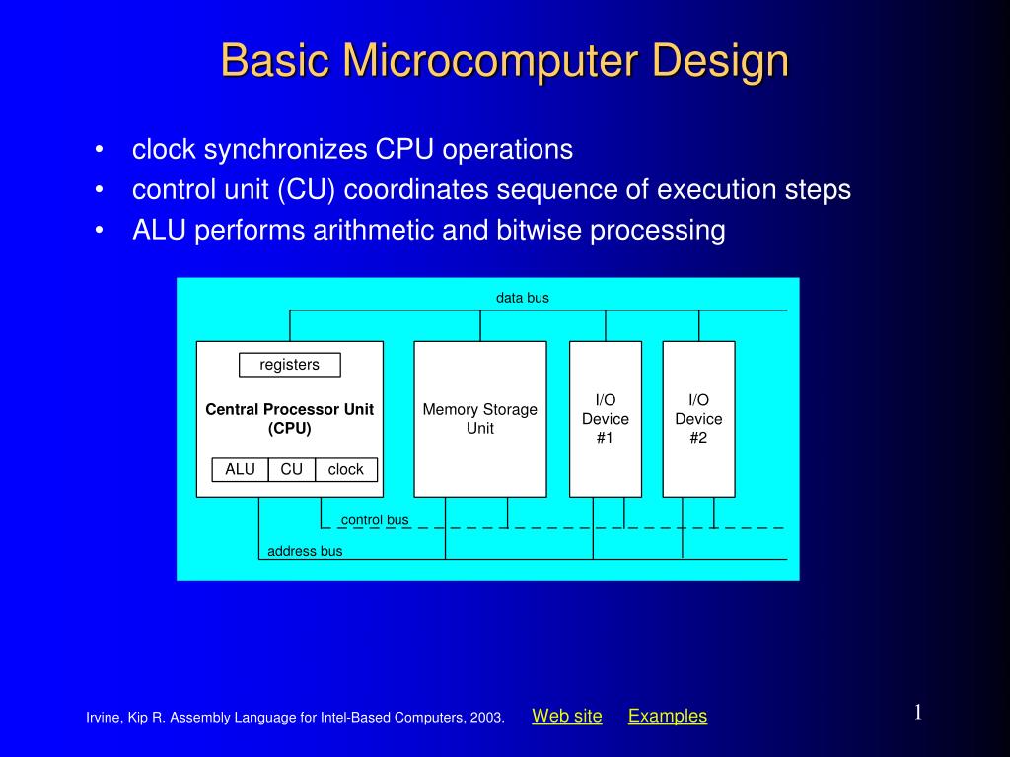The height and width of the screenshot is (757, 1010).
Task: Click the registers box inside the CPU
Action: click(289, 365)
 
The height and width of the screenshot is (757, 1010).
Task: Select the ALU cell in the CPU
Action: click(241, 469)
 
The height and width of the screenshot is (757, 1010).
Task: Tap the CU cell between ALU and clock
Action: click(292, 469)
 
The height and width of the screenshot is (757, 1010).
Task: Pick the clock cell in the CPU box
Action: click(346, 469)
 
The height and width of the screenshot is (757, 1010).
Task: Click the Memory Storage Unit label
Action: click(480, 418)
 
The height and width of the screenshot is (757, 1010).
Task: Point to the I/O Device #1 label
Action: click(606, 418)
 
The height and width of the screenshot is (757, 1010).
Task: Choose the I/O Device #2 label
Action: click(699, 418)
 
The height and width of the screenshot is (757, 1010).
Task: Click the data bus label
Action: click(523, 298)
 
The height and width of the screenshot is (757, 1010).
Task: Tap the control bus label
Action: click(375, 519)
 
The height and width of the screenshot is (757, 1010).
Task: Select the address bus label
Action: click(305, 551)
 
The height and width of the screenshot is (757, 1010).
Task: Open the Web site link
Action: click(567, 716)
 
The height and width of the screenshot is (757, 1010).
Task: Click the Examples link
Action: click(668, 716)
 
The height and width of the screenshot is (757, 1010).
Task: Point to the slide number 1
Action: click(918, 712)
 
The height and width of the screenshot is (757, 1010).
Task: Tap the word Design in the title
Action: click(720, 62)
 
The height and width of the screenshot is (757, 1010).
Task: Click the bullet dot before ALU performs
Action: click(99, 230)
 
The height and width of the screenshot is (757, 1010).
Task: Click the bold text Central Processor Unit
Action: click(289, 409)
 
